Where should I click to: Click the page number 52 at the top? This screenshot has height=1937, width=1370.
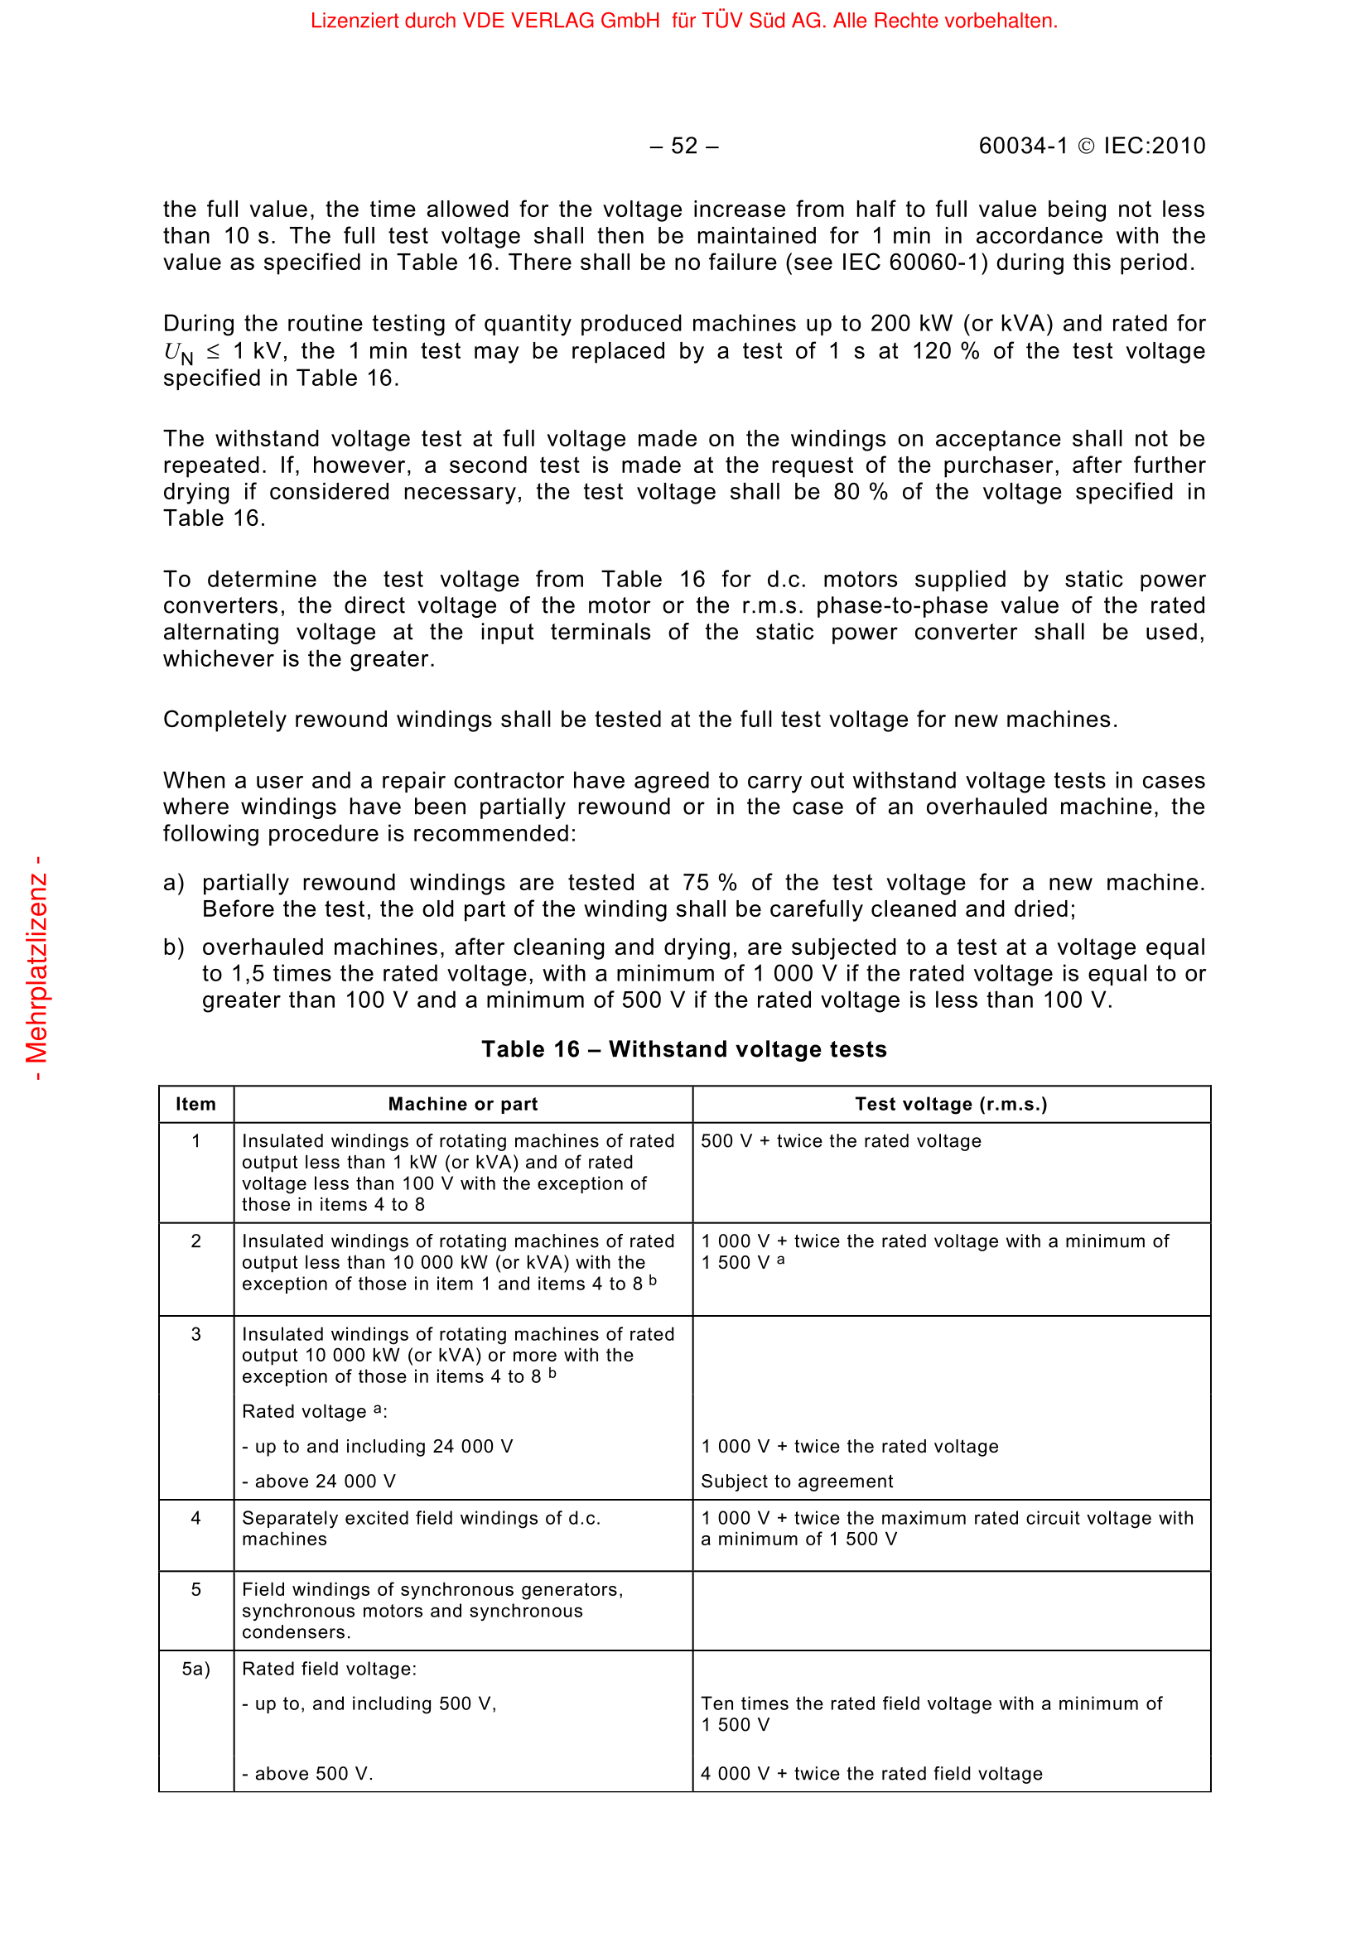click(684, 147)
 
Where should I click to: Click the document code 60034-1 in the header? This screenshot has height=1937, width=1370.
click(1022, 147)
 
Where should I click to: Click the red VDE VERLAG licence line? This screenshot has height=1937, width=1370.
click(683, 21)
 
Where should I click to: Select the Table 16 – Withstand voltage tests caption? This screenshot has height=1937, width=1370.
click(684, 1049)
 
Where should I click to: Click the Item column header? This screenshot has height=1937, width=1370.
click(195, 1105)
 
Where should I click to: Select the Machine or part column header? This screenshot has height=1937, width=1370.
click(462, 1105)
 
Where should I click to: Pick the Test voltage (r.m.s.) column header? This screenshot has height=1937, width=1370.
click(951, 1105)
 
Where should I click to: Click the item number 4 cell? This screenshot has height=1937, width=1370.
click(195, 1519)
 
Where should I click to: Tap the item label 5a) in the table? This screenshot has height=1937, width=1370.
click(195, 1670)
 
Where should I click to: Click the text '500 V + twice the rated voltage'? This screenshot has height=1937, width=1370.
click(841, 1141)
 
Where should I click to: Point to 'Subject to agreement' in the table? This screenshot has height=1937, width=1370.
click(797, 1482)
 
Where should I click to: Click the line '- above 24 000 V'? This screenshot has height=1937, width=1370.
click(319, 1482)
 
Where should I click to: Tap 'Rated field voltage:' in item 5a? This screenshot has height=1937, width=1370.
click(329, 1670)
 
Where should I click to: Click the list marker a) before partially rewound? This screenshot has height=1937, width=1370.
click(173, 884)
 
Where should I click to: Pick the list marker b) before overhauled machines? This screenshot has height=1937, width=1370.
click(173, 947)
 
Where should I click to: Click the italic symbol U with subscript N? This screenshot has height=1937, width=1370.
click(177, 353)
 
